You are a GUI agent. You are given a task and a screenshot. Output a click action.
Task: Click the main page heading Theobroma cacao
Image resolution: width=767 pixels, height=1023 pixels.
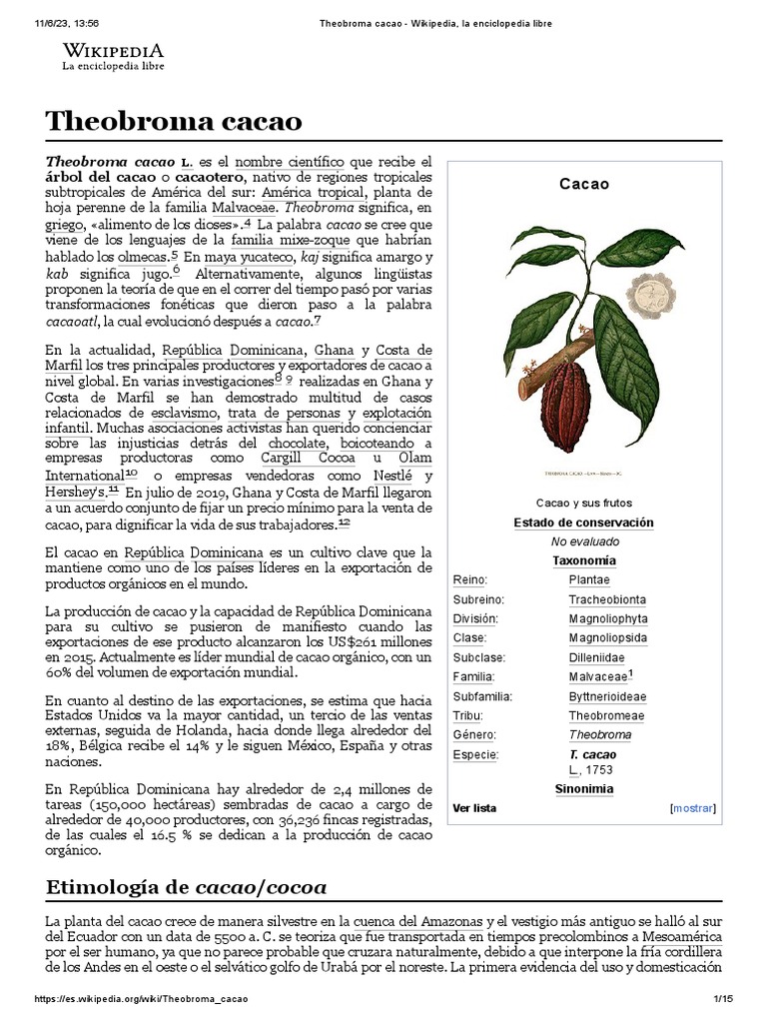point(174,121)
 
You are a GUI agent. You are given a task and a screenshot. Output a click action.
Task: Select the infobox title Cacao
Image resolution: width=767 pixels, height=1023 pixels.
point(584,184)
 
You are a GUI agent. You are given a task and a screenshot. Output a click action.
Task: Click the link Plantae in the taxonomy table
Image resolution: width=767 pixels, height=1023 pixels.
point(589,580)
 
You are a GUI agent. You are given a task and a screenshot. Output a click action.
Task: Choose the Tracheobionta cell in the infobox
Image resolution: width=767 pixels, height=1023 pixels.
point(607,599)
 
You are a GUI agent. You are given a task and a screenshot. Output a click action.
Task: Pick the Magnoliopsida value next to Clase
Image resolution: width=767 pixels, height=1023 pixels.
point(607,638)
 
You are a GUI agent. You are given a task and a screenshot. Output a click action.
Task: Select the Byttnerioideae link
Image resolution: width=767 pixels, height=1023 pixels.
point(607,696)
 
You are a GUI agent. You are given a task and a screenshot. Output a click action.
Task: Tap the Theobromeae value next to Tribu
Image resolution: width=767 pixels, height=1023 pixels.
point(606,716)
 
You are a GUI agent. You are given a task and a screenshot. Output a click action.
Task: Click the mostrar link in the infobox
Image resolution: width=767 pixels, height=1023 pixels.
point(694,808)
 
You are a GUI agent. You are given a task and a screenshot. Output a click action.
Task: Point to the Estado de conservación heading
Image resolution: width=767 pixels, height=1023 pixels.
point(584,522)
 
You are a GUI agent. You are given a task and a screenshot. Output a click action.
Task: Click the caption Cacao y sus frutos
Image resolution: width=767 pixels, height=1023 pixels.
point(584,503)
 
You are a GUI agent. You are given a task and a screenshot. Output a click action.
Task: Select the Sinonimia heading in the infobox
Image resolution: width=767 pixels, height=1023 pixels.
point(584,789)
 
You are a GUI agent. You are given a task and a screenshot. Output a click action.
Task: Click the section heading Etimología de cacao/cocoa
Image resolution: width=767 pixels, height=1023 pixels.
point(186,887)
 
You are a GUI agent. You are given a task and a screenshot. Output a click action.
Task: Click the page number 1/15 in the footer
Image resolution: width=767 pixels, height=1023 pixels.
point(723,999)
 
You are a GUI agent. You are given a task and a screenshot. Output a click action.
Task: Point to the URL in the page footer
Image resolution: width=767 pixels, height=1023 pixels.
point(142,999)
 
